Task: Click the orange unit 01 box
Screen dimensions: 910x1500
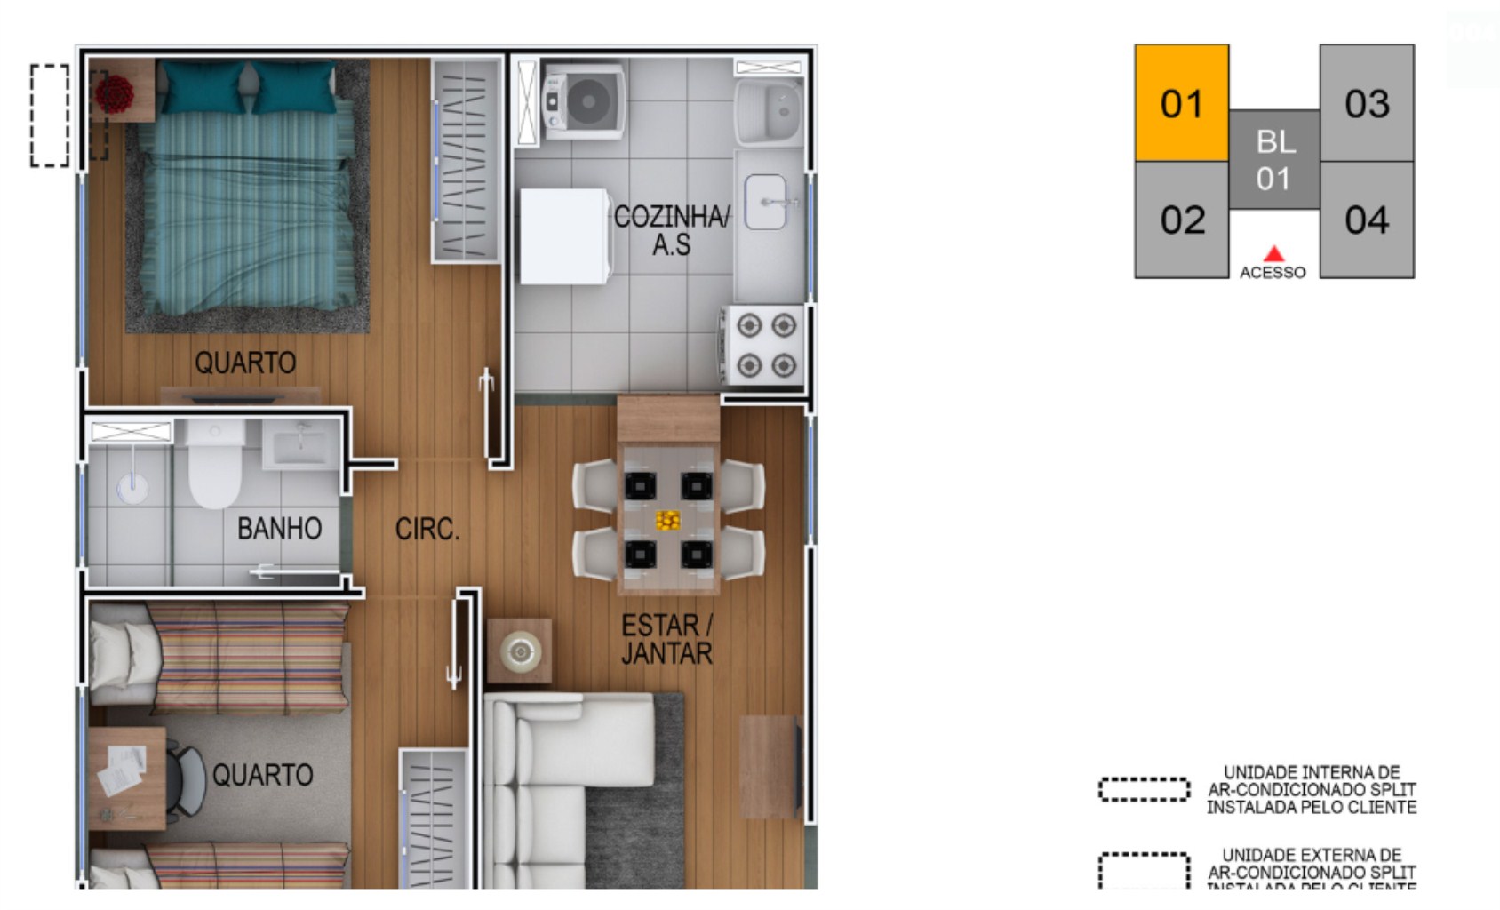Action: click(1181, 103)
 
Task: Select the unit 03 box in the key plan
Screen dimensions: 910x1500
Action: click(1367, 103)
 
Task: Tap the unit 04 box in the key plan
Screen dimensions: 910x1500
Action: click(1367, 220)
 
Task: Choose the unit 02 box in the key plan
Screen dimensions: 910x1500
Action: click(1181, 220)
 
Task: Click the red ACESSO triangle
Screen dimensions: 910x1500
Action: click(1273, 254)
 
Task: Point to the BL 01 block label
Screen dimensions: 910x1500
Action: click(1274, 160)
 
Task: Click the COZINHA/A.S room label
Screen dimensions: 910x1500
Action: click(672, 229)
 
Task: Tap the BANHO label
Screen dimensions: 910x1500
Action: click(279, 529)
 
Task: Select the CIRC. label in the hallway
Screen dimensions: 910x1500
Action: click(427, 530)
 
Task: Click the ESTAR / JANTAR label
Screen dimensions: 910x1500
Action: click(666, 639)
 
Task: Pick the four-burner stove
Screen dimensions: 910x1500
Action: click(765, 346)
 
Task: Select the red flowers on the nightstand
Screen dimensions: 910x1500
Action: click(115, 93)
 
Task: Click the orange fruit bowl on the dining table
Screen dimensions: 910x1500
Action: click(667, 520)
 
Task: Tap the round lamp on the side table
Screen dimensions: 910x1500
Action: click(520, 652)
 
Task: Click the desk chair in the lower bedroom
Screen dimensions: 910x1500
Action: click(186, 781)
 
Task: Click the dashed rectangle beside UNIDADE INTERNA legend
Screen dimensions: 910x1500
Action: click(1144, 789)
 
